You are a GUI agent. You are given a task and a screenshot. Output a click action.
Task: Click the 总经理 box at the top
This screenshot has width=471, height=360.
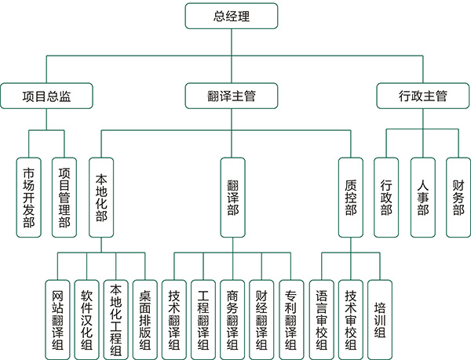pyautogui.click(x=232, y=16)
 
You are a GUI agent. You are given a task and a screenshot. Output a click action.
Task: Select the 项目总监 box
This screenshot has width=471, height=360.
pyautogui.click(x=46, y=96)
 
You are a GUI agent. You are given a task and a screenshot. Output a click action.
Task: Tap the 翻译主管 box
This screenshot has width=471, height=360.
pyautogui.click(x=232, y=96)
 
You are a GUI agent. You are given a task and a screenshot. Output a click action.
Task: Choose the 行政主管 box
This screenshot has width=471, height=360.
pyautogui.click(x=422, y=96)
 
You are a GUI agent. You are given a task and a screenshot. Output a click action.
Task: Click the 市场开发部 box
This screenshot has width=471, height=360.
pyautogui.click(x=29, y=197)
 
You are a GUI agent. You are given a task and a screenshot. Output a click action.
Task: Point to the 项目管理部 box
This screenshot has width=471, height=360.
pyautogui.click(x=64, y=197)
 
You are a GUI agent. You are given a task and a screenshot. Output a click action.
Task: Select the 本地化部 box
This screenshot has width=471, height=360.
pyautogui.click(x=100, y=197)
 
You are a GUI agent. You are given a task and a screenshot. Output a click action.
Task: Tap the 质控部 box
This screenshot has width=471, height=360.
pyautogui.click(x=350, y=197)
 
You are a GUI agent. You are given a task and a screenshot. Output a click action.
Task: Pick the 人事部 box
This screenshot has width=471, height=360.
pyautogui.click(x=422, y=197)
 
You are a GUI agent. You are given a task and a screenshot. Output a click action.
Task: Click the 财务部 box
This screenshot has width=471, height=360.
pyautogui.click(x=458, y=197)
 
